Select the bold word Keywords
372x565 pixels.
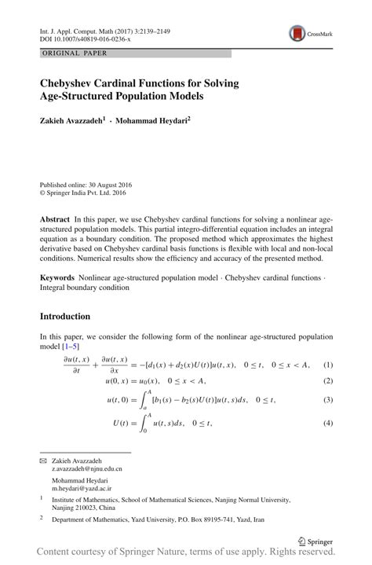(57, 278)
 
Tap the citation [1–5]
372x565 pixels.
(70, 347)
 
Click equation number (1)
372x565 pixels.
(329, 365)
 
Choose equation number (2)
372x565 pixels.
(329, 381)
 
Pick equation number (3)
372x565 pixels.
(329, 400)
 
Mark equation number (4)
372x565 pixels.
(329, 424)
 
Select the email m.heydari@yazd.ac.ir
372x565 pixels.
(82, 488)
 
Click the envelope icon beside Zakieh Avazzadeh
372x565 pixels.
(43, 460)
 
